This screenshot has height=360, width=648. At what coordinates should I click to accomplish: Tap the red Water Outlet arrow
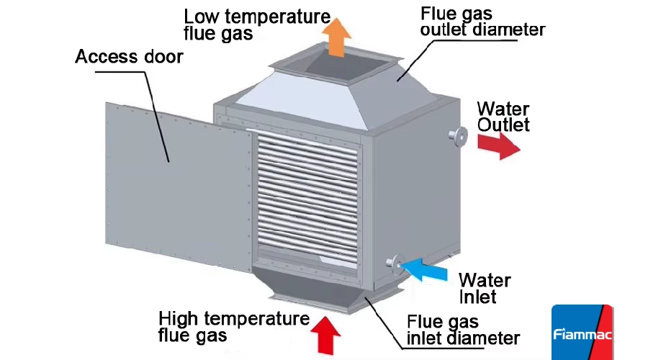(499, 145)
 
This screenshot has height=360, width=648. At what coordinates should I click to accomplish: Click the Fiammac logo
(582, 333)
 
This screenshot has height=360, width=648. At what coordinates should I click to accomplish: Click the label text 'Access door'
(130, 56)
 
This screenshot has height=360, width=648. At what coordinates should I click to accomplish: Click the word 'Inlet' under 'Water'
(478, 296)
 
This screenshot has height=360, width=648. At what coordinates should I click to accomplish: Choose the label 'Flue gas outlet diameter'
(482, 22)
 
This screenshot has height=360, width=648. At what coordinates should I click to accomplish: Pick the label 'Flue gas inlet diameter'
(463, 329)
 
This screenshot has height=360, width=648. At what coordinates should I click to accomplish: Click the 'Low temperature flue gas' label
(256, 24)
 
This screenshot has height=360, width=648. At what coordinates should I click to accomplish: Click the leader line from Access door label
(157, 108)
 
